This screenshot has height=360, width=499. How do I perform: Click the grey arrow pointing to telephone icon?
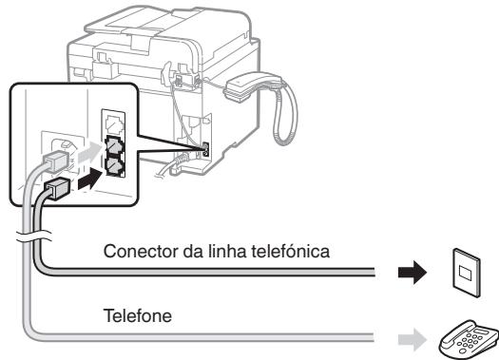pos(412,332)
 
